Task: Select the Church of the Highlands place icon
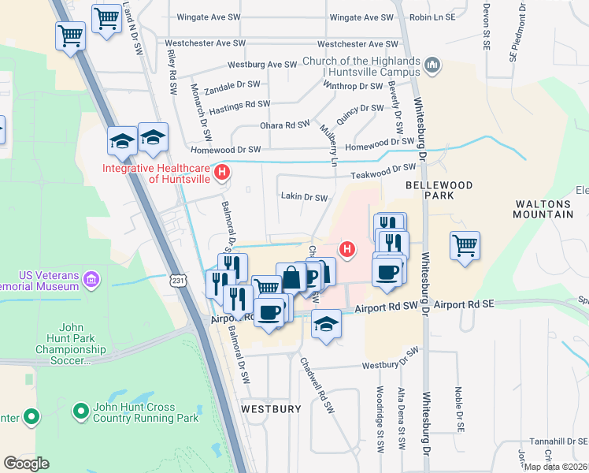(x=432, y=65)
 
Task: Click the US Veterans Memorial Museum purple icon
(x=92, y=279)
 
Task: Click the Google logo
(x=26, y=464)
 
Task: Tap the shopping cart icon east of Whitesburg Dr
(x=465, y=244)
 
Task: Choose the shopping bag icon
(x=291, y=277)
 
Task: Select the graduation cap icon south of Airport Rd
(x=325, y=324)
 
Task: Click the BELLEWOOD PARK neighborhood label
(x=439, y=189)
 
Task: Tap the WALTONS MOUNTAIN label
(x=543, y=208)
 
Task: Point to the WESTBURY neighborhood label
(x=271, y=409)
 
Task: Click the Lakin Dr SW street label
(x=303, y=198)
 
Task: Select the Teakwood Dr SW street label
(x=383, y=168)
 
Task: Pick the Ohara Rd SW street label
(x=284, y=125)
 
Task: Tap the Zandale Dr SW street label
(x=232, y=84)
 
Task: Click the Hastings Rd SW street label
(x=240, y=104)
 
